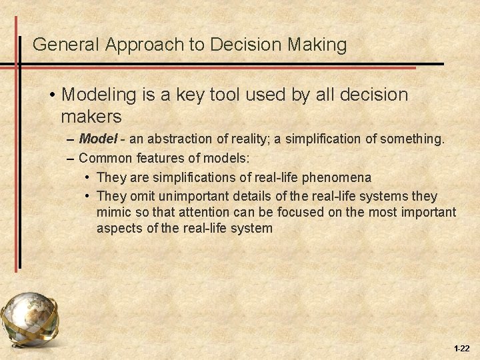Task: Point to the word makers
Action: point(91,117)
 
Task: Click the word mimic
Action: point(111,213)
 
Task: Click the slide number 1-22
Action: point(461,349)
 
